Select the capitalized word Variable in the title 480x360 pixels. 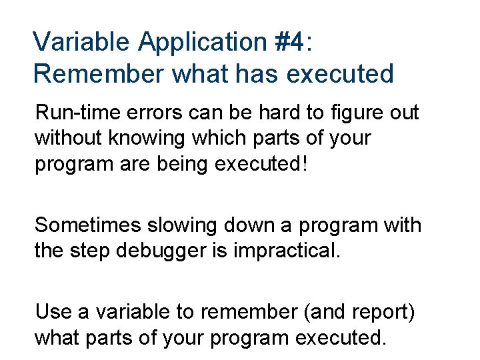pos(81,41)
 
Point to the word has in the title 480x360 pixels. pos(248,73)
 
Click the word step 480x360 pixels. pos(93,251)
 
